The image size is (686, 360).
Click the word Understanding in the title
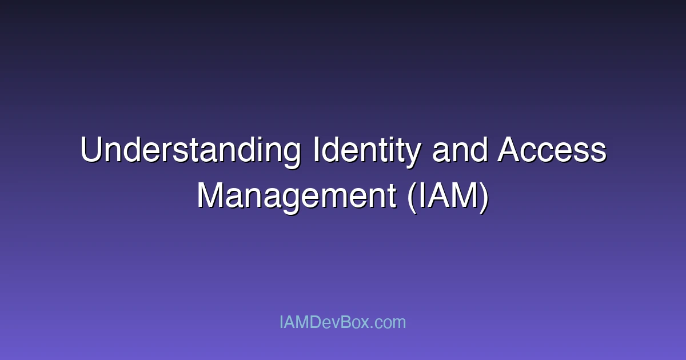[190, 151]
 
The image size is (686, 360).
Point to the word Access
[552, 151]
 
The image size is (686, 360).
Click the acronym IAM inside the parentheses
[449, 195]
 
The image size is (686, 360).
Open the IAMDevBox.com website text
[342, 322]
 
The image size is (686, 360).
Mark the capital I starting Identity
[316, 151]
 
